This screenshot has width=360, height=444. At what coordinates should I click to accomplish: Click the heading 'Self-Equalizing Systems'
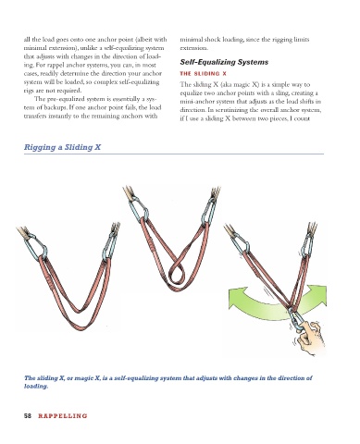(x=224, y=62)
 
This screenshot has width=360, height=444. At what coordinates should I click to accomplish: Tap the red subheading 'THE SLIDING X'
(x=203, y=74)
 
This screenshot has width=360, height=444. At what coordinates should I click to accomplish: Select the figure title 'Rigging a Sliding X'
(x=62, y=147)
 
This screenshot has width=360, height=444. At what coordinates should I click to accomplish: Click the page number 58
(x=28, y=415)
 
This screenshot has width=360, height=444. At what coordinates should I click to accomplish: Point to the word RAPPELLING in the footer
(x=63, y=416)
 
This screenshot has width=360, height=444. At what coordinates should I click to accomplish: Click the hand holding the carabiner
(x=309, y=339)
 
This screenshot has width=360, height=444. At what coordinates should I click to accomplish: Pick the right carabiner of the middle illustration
(x=208, y=211)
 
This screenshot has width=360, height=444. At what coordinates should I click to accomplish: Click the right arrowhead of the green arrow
(x=317, y=293)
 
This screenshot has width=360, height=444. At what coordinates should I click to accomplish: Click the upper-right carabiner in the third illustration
(x=307, y=245)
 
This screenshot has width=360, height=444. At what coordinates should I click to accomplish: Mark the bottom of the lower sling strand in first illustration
(x=81, y=327)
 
